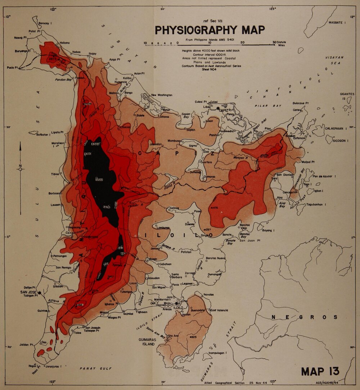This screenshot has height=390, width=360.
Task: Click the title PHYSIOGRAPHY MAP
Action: [x=210, y=30]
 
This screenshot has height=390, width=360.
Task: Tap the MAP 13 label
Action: [x=320, y=371]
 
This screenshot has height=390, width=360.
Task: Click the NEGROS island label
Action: [x=305, y=317]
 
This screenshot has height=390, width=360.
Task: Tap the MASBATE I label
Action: [x=337, y=23]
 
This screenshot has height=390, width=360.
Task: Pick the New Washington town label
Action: [x=162, y=95]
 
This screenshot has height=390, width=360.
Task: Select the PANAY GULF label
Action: [x=96, y=369]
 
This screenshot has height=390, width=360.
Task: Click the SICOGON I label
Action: [x=345, y=141]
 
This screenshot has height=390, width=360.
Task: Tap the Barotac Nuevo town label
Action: [x=216, y=258]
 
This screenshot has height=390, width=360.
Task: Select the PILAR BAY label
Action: [x=263, y=106]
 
